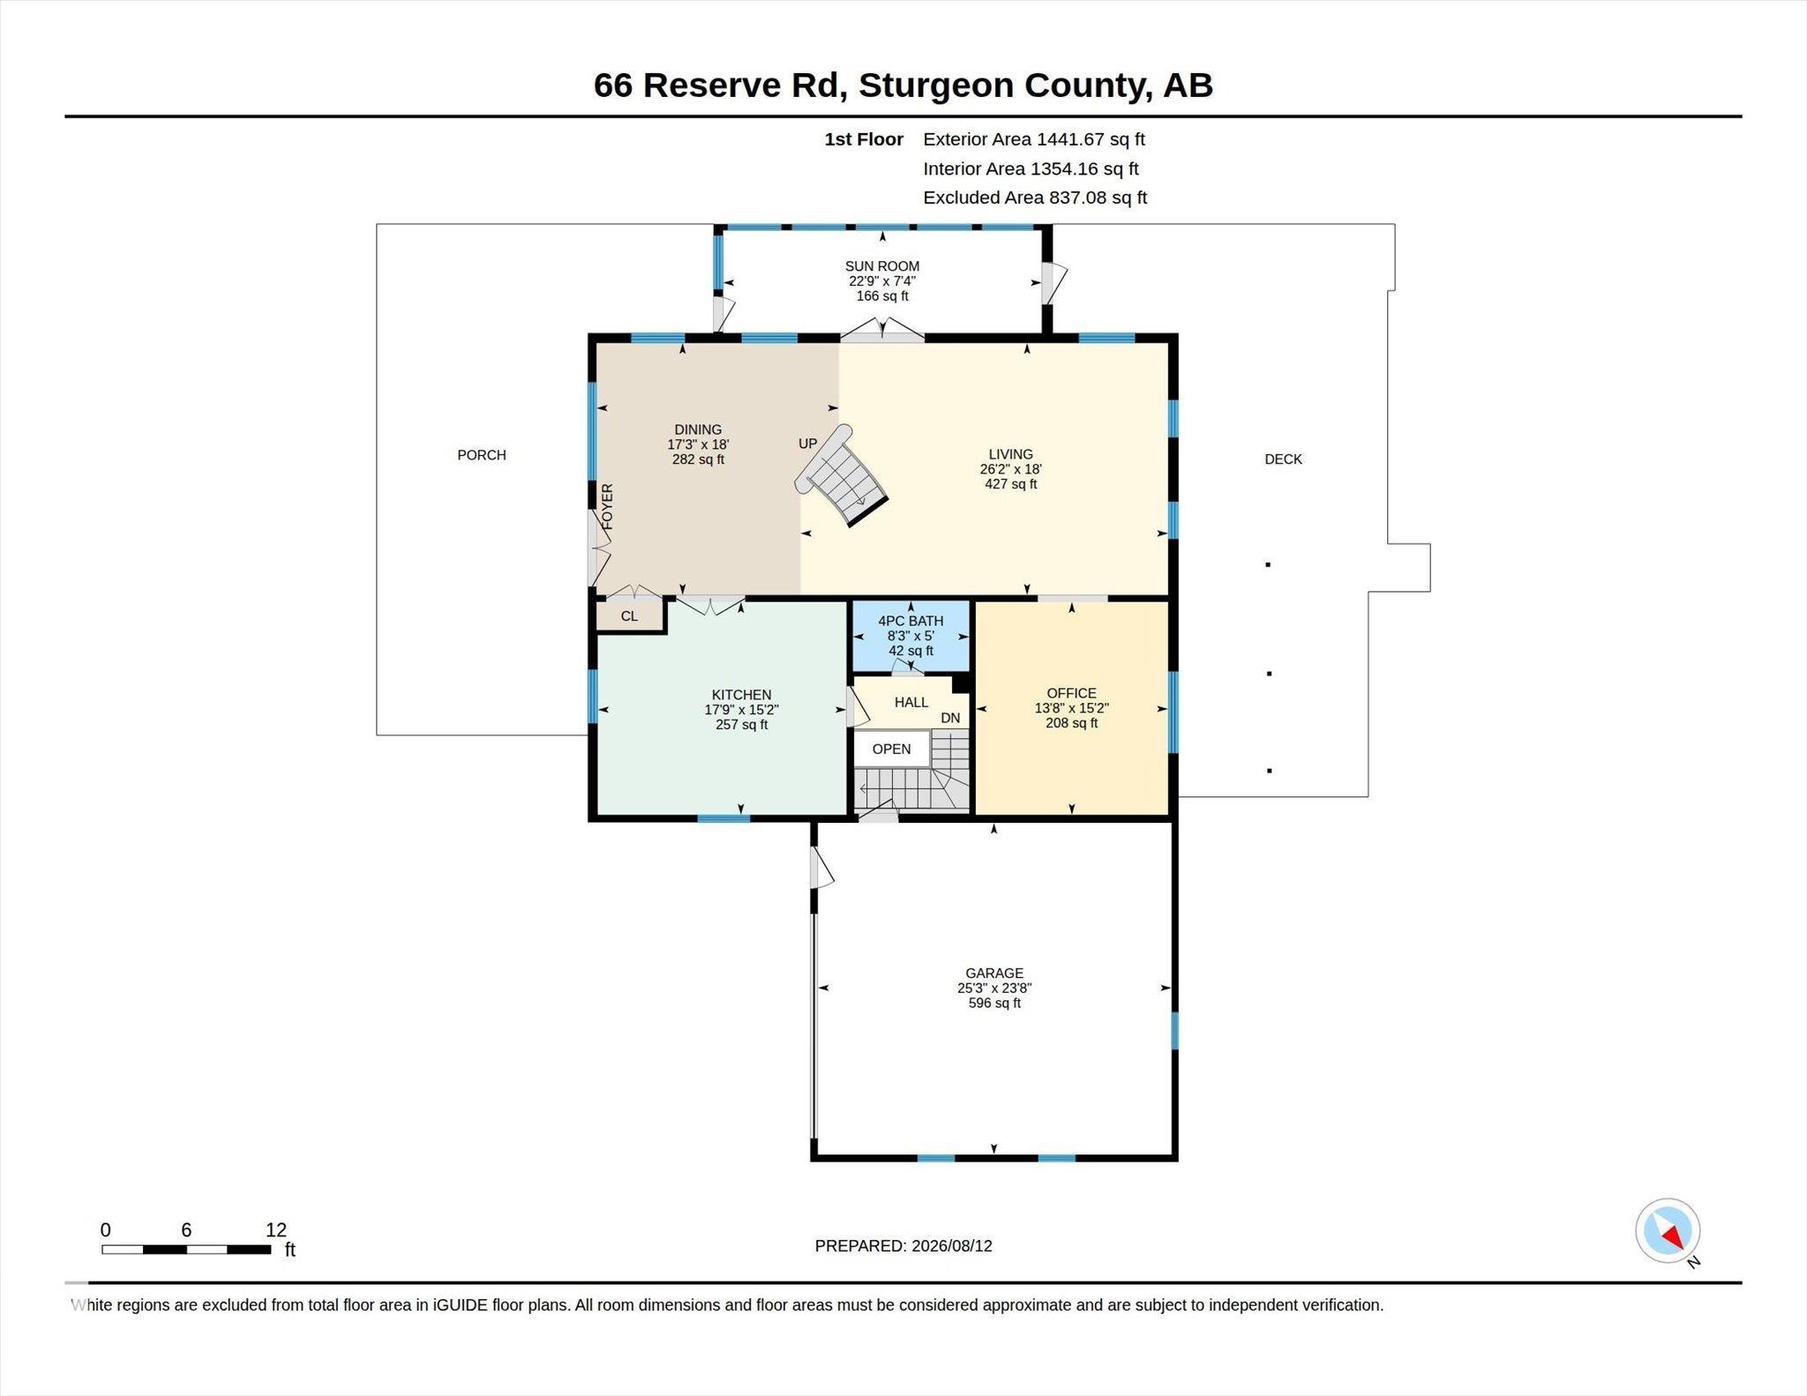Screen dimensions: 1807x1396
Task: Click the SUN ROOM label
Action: point(882,266)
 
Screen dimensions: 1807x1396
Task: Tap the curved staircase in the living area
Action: point(841,476)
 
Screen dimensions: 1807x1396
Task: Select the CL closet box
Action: point(630,616)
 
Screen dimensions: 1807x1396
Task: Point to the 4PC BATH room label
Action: point(911,621)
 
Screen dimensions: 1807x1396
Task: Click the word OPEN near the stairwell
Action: point(891,749)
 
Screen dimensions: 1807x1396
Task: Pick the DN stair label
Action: point(950,718)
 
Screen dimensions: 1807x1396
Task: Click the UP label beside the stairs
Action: point(808,444)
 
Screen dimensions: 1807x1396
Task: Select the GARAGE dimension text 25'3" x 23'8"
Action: point(994,989)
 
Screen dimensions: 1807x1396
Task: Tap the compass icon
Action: point(1668,1231)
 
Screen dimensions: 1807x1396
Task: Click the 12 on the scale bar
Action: point(276,1230)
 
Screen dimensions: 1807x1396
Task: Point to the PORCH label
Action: point(482,455)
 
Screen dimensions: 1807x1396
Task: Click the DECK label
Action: point(1283,459)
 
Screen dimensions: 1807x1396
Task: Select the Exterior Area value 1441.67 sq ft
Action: point(1091,139)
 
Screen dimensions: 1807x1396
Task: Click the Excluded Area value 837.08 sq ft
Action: point(1098,198)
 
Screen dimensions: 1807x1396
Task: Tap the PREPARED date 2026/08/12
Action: point(952,1246)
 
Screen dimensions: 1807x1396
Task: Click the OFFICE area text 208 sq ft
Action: point(1072,723)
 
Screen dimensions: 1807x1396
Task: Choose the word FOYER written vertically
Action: point(607,506)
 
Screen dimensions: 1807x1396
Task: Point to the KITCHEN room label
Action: point(741,695)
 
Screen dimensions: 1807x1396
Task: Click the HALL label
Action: point(911,702)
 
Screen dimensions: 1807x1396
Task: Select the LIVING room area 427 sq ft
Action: point(1011,484)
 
